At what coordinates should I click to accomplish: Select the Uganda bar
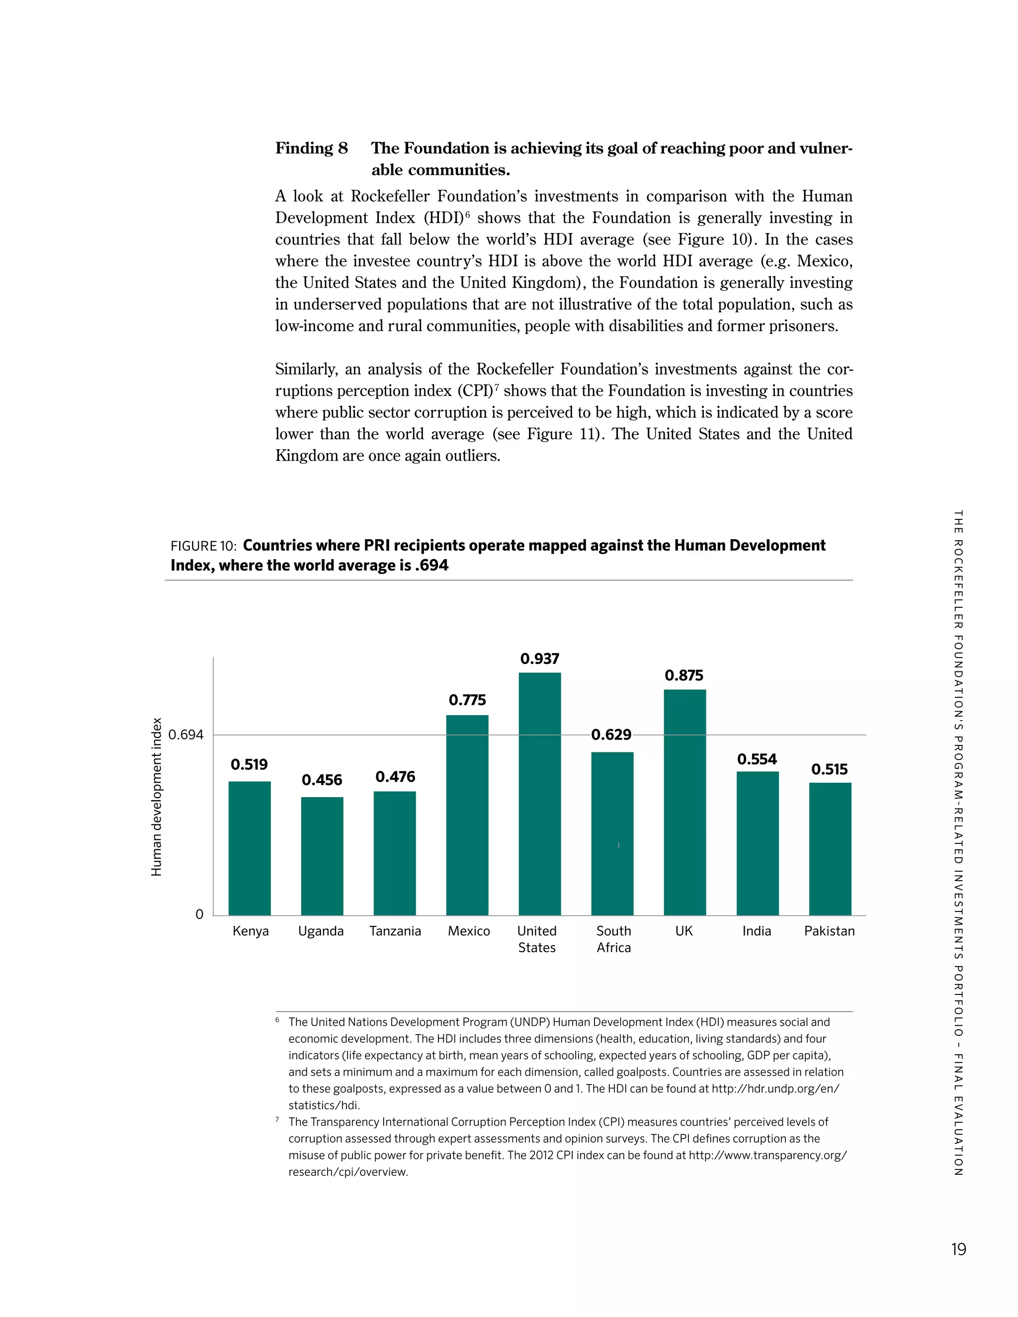point(322,856)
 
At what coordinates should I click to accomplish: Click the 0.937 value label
point(540,658)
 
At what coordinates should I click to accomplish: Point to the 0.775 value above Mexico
point(467,700)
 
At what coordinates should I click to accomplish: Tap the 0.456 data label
point(322,780)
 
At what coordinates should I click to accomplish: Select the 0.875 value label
point(684,675)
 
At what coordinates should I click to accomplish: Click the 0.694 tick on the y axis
point(186,735)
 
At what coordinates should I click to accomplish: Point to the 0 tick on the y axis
point(200,915)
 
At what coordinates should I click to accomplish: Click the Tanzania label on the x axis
point(395,931)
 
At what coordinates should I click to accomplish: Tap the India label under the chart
point(757,931)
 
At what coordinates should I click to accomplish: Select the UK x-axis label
point(684,931)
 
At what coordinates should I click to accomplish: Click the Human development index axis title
point(157,797)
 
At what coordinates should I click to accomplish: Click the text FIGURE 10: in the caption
point(203,546)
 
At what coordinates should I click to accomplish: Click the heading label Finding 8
point(311,148)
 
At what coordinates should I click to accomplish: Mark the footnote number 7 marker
point(277,1120)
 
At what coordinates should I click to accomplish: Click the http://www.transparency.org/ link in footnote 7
point(767,1155)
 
